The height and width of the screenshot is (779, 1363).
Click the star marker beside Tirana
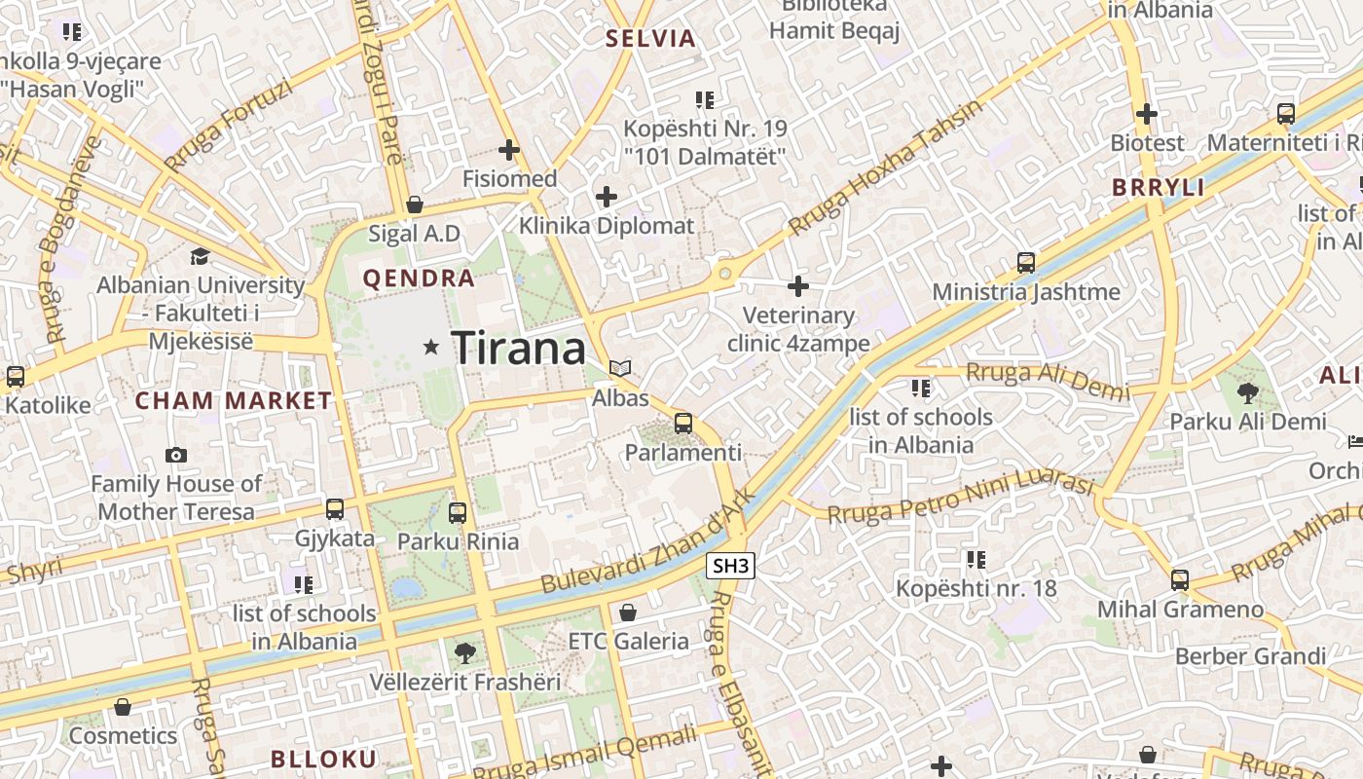pyautogui.click(x=431, y=347)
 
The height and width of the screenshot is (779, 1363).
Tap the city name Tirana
pyautogui.click(x=519, y=349)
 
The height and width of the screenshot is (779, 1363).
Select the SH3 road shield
pyautogui.click(x=732, y=566)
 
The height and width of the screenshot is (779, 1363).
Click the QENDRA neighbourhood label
pyautogui.click(x=419, y=278)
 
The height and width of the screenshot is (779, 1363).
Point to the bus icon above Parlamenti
pyautogui.click(x=683, y=424)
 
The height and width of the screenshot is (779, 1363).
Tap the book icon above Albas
pyautogui.click(x=620, y=368)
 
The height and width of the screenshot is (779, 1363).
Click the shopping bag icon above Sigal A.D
pyautogui.click(x=415, y=204)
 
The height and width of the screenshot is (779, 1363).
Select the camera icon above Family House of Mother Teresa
pyautogui.click(x=176, y=455)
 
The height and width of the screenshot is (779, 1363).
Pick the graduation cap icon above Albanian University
pyautogui.click(x=200, y=256)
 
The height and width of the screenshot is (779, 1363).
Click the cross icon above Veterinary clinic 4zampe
pyautogui.click(x=798, y=286)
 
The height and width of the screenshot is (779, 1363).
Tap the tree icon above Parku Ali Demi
pyautogui.click(x=1247, y=392)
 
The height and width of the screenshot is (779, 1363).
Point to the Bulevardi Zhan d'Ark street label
pyautogui.click(x=647, y=541)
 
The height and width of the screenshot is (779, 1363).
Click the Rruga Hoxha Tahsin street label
pyautogui.click(x=886, y=168)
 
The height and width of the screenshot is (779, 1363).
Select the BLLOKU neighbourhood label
pyautogui.click(x=323, y=760)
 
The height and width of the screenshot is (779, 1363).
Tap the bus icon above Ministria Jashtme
pyautogui.click(x=1026, y=262)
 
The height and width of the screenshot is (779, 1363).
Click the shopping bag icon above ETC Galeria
pyautogui.click(x=628, y=612)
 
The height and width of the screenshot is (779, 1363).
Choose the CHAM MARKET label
pyautogui.click(x=234, y=400)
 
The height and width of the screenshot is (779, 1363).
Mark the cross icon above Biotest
pyautogui.click(x=1147, y=114)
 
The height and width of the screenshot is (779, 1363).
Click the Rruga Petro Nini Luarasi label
pyautogui.click(x=961, y=498)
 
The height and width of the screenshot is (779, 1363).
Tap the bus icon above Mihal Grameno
pyautogui.click(x=1180, y=580)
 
